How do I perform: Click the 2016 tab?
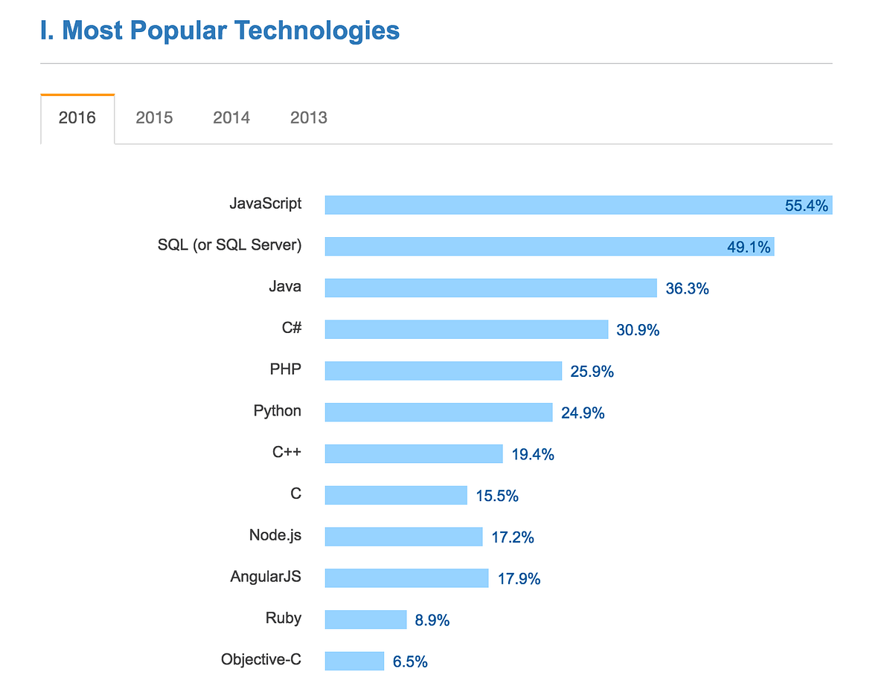[77, 117]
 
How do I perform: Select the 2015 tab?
[154, 117]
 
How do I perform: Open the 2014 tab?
[231, 117]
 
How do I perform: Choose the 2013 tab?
[309, 117]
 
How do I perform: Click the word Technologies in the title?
[317, 31]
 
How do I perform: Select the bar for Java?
[490, 288]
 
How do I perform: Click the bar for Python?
[438, 413]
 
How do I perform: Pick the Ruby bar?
[365, 619]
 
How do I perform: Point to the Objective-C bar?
[354, 661]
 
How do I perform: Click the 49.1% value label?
[749, 247]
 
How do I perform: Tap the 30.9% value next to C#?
[638, 330]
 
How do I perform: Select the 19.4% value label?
[533, 454]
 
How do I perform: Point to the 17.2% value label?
[513, 537]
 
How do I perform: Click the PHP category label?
[286, 369]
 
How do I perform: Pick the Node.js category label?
[275, 535]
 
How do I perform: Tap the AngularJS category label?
[266, 577]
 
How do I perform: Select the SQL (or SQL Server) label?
[229, 245]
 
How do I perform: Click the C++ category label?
[287, 452]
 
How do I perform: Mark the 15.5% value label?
[497, 496]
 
